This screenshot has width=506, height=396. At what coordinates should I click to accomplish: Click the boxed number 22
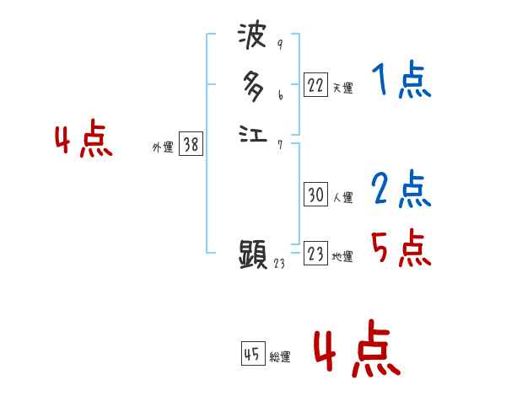point(315,85)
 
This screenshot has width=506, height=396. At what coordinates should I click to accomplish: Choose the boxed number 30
point(315,195)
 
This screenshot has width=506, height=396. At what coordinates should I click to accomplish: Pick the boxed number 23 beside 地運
point(315,254)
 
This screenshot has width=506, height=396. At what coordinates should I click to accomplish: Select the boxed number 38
point(191,145)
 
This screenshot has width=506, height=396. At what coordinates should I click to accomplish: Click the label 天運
point(342,88)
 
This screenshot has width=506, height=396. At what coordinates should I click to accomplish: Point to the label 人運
point(342,198)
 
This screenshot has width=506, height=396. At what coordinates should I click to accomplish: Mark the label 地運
point(342,256)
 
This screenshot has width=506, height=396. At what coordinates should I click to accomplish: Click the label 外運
point(163,147)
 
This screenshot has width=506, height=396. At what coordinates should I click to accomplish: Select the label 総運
point(280,356)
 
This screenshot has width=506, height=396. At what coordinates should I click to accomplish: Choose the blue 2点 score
point(401,189)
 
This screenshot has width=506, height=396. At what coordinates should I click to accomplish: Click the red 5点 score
point(401,248)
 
